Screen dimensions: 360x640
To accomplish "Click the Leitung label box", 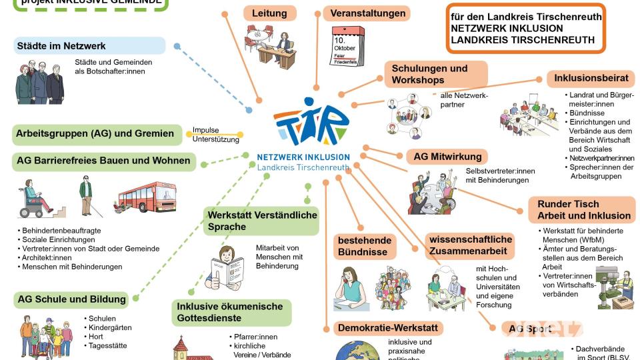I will [x=269, y=13].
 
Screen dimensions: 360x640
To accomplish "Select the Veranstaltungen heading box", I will [x=367, y=13].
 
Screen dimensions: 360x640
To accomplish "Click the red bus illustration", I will [x=148, y=196].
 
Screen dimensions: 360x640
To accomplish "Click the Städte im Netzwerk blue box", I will [x=89, y=46].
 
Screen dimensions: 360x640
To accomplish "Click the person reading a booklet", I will [x=225, y=267].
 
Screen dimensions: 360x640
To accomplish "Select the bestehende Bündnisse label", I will [x=365, y=247].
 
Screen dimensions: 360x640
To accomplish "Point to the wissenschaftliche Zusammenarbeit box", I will [x=471, y=245].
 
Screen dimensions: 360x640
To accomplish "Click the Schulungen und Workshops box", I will [x=435, y=74].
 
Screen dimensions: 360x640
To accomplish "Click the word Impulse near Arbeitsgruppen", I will [x=205, y=130].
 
